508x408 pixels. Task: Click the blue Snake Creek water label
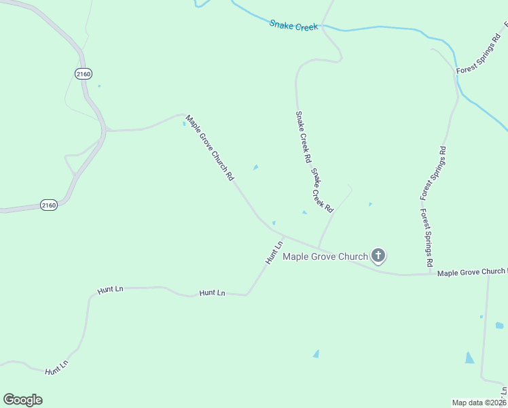point(293,25)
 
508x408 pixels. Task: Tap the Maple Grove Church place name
point(325,256)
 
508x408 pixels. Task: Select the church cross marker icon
point(378,256)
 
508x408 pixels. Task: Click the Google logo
point(22,400)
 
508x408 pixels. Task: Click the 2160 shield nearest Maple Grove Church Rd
point(84,73)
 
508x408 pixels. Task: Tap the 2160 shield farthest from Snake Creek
point(48,205)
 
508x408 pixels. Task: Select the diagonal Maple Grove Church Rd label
point(210,147)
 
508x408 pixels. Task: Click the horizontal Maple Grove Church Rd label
point(472,272)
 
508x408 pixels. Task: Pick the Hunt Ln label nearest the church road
point(274,252)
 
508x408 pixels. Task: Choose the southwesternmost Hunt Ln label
point(57,368)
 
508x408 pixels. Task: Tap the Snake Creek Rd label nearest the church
point(323,190)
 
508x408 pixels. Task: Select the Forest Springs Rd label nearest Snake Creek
point(478,61)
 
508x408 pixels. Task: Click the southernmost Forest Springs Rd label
point(427,237)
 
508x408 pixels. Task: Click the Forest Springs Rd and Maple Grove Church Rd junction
point(431,274)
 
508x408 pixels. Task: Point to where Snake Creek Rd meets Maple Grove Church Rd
point(318,248)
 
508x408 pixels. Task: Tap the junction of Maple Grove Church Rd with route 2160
point(106,129)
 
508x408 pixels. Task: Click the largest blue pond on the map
point(469,357)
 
